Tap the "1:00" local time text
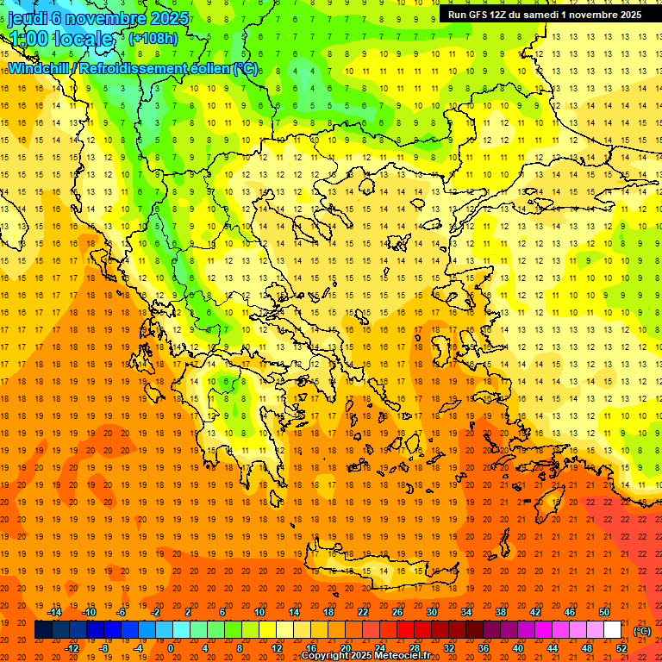(29, 39)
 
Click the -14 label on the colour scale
(56, 612)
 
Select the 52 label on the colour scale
(621, 647)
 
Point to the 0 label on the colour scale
(171, 647)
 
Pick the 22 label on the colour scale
(363, 612)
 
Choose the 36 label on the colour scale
(483, 647)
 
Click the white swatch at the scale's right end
(612, 630)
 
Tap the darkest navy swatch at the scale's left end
(42, 630)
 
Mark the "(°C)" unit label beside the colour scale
(642, 631)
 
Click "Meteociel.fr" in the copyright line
(402, 656)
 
